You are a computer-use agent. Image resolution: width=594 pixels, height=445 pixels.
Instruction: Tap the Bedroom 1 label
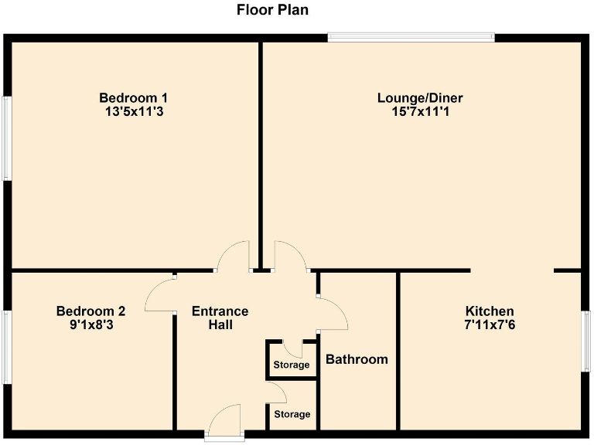134,98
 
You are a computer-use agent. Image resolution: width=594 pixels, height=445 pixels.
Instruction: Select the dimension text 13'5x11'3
134,112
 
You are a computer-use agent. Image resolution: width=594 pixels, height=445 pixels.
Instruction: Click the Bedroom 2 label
90,311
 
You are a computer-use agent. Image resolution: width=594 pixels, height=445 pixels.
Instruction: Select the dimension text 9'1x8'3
90,325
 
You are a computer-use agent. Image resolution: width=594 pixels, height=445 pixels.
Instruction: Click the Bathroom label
357,359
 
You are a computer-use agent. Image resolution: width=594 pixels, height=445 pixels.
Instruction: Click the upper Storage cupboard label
292,365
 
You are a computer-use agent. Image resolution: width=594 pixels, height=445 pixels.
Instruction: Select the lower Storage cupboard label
292,415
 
